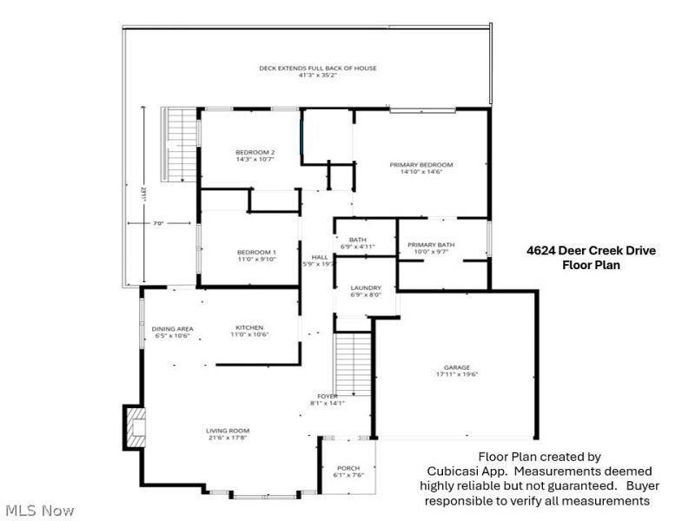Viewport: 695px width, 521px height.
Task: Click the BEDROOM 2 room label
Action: pyautogui.click(x=230, y=152)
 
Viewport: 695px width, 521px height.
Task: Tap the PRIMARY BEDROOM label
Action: pyautogui.click(x=421, y=164)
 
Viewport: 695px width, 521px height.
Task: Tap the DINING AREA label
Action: pyautogui.click(x=172, y=328)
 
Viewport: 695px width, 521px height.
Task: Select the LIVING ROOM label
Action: pyautogui.click(x=228, y=431)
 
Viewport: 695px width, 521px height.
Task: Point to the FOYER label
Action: pyautogui.click(x=328, y=396)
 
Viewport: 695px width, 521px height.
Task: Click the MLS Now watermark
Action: pyautogui.click(x=39, y=510)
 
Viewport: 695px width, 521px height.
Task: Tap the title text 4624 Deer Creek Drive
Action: pyautogui.click(x=591, y=250)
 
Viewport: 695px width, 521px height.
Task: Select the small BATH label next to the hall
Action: pyautogui.click(x=358, y=240)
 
